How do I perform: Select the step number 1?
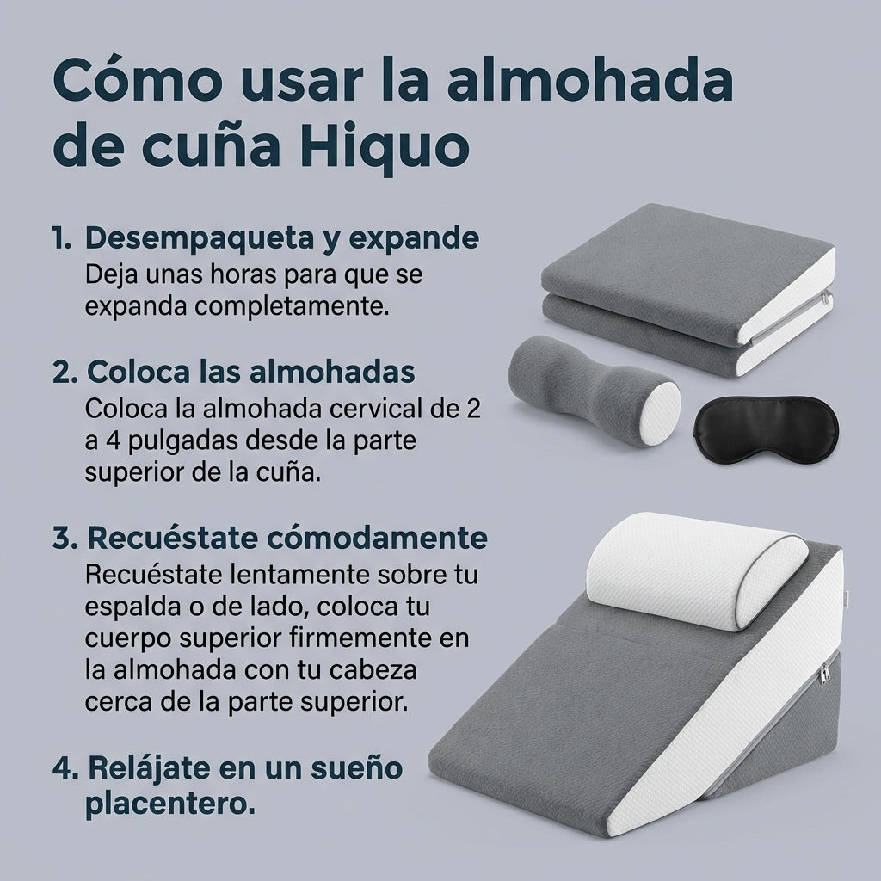click(61, 238)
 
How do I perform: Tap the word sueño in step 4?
click(354, 767)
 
